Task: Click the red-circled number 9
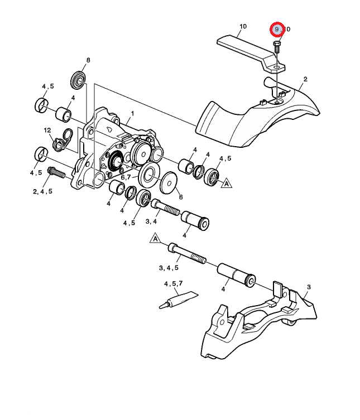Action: click(277, 28)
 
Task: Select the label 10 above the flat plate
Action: click(242, 26)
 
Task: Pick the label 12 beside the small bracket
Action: click(48, 130)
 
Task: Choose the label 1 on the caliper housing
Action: click(132, 113)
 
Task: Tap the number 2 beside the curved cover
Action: click(305, 79)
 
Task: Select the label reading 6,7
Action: click(126, 177)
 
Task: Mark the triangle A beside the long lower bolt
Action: click(156, 239)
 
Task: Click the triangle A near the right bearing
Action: click(227, 183)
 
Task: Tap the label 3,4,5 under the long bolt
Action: click(169, 268)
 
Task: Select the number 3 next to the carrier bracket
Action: click(308, 287)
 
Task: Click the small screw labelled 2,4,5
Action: click(57, 173)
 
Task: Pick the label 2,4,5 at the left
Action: click(42, 191)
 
